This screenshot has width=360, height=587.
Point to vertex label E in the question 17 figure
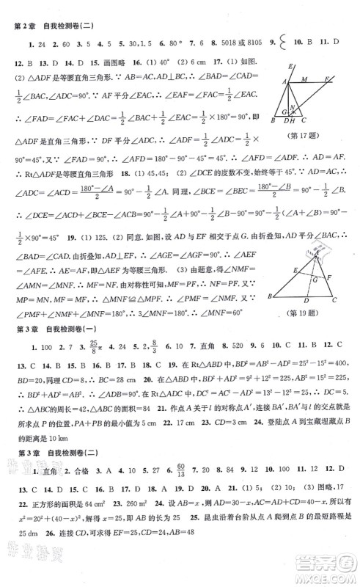click(290, 68)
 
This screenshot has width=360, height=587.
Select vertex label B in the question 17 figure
click(272, 120)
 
